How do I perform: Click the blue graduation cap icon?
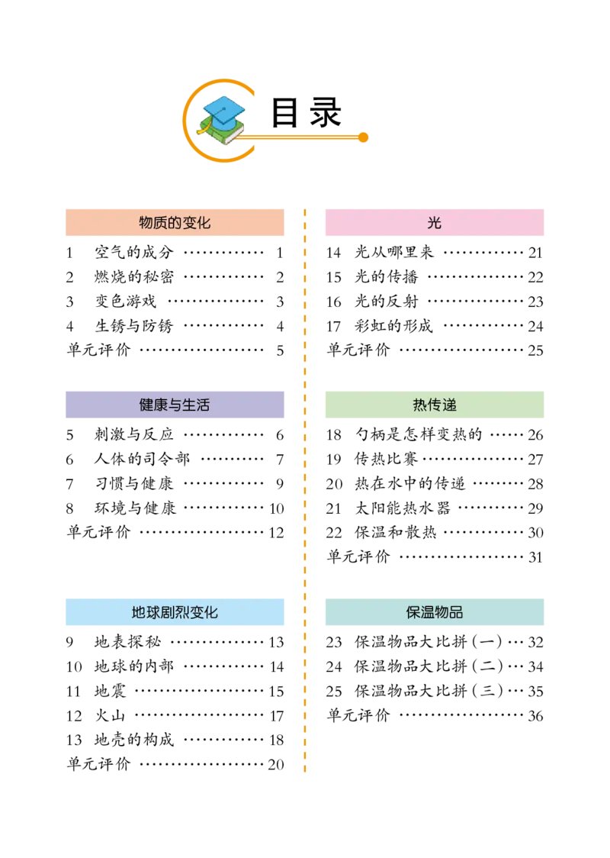[223, 111]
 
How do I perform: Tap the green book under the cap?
[223, 136]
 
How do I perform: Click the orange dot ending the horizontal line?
[364, 137]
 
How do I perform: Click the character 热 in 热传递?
[420, 405]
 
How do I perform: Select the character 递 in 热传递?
[449, 405]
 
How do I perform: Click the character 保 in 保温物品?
[413, 613]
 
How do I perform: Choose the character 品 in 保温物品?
[456, 613]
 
